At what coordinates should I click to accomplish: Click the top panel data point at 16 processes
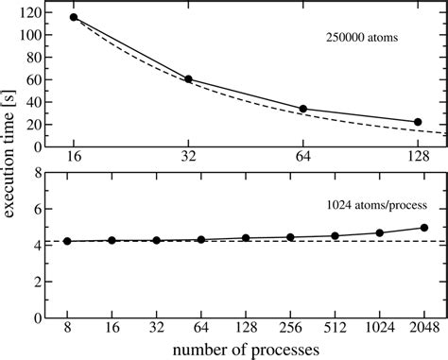(x=74, y=17)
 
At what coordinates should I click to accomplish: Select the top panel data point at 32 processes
(x=188, y=79)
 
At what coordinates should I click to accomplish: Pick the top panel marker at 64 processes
(x=303, y=109)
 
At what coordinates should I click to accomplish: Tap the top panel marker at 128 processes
(x=418, y=122)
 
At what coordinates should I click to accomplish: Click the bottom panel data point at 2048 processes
(x=424, y=227)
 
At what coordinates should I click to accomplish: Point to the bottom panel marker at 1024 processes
(x=380, y=232)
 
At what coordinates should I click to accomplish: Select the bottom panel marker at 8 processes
(x=67, y=241)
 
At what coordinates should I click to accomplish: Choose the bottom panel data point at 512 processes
(x=336, y=235)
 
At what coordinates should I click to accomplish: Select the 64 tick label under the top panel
(x=303, y=158)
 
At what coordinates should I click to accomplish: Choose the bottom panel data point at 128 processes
(x=246, y=238)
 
